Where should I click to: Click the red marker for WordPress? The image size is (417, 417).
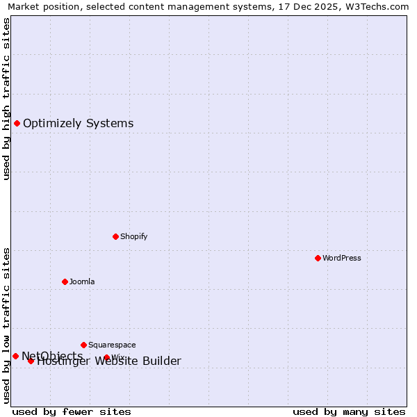point(318,258)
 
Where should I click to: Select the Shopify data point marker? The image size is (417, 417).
point(115,236)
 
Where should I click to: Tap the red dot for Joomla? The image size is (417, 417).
point(65,281)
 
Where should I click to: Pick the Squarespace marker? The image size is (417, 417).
point(83,345)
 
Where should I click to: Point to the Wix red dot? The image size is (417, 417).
point(106,357)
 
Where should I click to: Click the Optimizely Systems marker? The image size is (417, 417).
point(17,123)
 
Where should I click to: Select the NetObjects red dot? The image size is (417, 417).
point(15,356)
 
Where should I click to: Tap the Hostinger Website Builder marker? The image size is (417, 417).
point(31,361)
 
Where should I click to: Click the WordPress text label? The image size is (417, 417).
point(342,258)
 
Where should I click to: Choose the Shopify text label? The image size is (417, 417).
point(134,236)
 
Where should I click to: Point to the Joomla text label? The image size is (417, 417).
point(82,281)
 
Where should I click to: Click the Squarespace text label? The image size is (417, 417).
point(112,345)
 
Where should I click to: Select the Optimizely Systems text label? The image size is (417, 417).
point(79,124)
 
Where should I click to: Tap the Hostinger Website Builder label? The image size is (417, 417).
point(109,361)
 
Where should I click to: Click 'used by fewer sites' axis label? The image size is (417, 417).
point(72,411)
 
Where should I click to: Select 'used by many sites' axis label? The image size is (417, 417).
point(349,411)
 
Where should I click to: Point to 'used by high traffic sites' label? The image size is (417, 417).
point(6,99)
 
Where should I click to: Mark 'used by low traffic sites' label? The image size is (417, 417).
point(6,325)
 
